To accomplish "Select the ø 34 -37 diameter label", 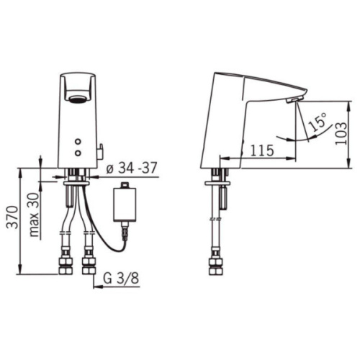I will [131, 168].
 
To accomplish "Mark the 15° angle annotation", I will [317, 123].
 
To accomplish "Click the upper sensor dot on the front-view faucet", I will [78, 141].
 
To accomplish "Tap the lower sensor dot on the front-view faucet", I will [78, 153].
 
